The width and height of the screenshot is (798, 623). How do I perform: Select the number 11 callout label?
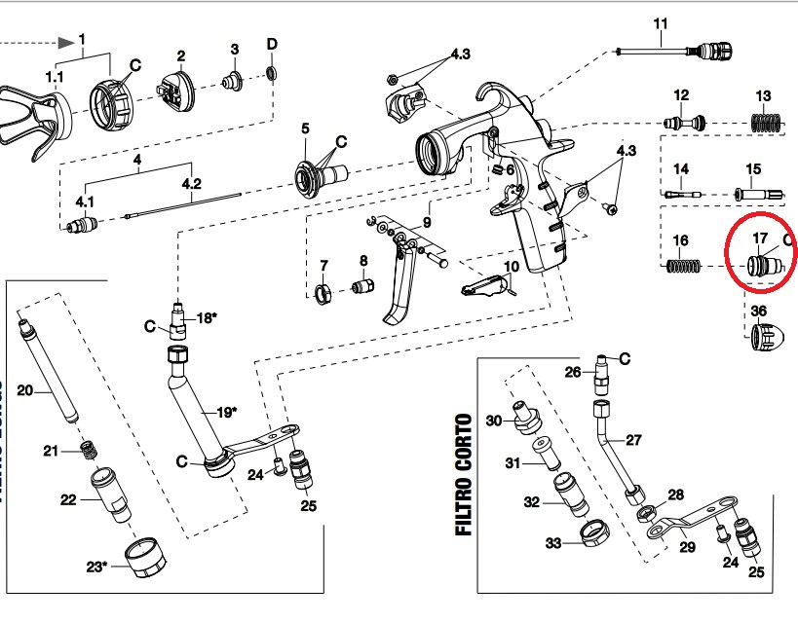coord(662,23)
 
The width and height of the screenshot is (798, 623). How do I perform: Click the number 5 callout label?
coord(305,128)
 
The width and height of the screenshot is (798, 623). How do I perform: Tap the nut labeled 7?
coord(321,295)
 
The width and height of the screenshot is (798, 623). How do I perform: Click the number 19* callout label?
coord(225,412)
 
